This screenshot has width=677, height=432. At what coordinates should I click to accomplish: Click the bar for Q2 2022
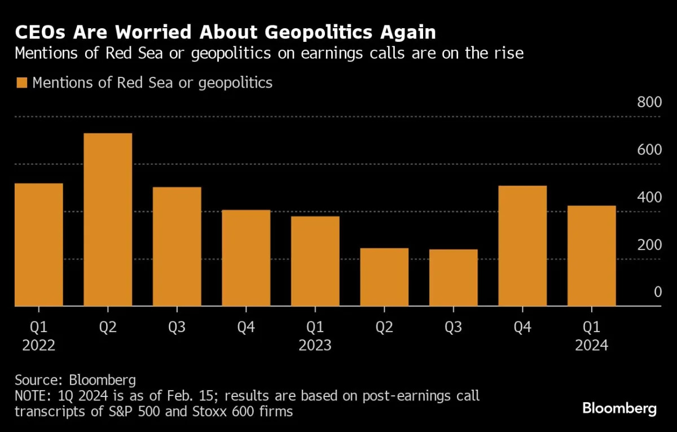pyautogui.click(x=108, y=220)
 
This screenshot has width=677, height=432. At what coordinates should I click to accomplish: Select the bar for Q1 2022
pyautogui.click(x=39, y=245)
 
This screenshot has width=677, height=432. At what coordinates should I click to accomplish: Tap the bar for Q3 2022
pyautogui.click(x=177, y=247)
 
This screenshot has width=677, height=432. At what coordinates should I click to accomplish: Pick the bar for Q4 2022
pyautogui.click(x=246, y=258)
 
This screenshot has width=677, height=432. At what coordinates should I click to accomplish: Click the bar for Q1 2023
pyautogui.click(x=315, y=261)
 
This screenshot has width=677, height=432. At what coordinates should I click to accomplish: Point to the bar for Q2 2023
pyautogui.click(x=384, y=277)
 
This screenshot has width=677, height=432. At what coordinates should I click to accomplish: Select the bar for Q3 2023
pyautogui.click(x=454, y=278)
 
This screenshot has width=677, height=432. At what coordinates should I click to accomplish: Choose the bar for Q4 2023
pyautogui.click(x=522, y=246)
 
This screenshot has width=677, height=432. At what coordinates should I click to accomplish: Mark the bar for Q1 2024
pyautogui.click(x=591, y=256)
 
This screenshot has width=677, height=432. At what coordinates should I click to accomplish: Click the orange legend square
pyautogui.click(x=21, y=83)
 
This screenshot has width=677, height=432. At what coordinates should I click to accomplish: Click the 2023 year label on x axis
pyautogui.click(x=315, y=345)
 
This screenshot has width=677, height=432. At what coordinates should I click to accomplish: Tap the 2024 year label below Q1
pyautogui.click(x=591, y=345)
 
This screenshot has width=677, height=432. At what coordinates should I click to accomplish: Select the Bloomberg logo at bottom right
pyautogui.click(x=619, y=408)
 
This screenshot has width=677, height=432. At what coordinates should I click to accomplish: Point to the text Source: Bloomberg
pyautogui.click(x=75, y=379)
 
